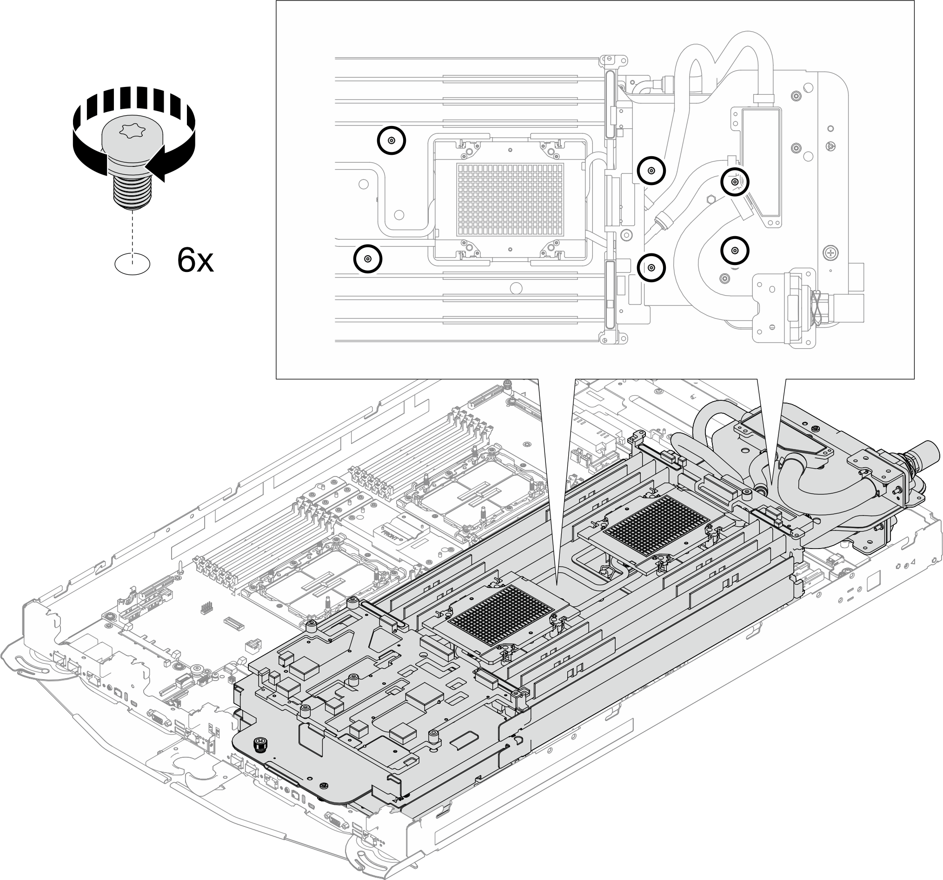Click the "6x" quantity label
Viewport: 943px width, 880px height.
(x=195, y=260)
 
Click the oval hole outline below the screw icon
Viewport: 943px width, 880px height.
(x=133, y=263)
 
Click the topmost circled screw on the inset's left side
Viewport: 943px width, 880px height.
(x=392, y=140)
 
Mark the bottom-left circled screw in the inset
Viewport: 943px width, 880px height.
(x=368, y=259)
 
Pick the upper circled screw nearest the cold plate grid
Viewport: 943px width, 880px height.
(x=651, y=171)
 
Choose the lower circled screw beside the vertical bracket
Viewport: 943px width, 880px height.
(x=651, y=268)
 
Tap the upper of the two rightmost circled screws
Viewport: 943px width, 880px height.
(x=735, y=182)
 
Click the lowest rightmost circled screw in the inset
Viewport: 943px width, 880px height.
(x=735, y=250)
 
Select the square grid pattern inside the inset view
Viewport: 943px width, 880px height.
(x=510, y=199)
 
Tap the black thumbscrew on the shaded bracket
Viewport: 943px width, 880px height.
(x=259, y=745)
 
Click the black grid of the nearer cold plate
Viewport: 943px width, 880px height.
(x=500, y=615)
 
